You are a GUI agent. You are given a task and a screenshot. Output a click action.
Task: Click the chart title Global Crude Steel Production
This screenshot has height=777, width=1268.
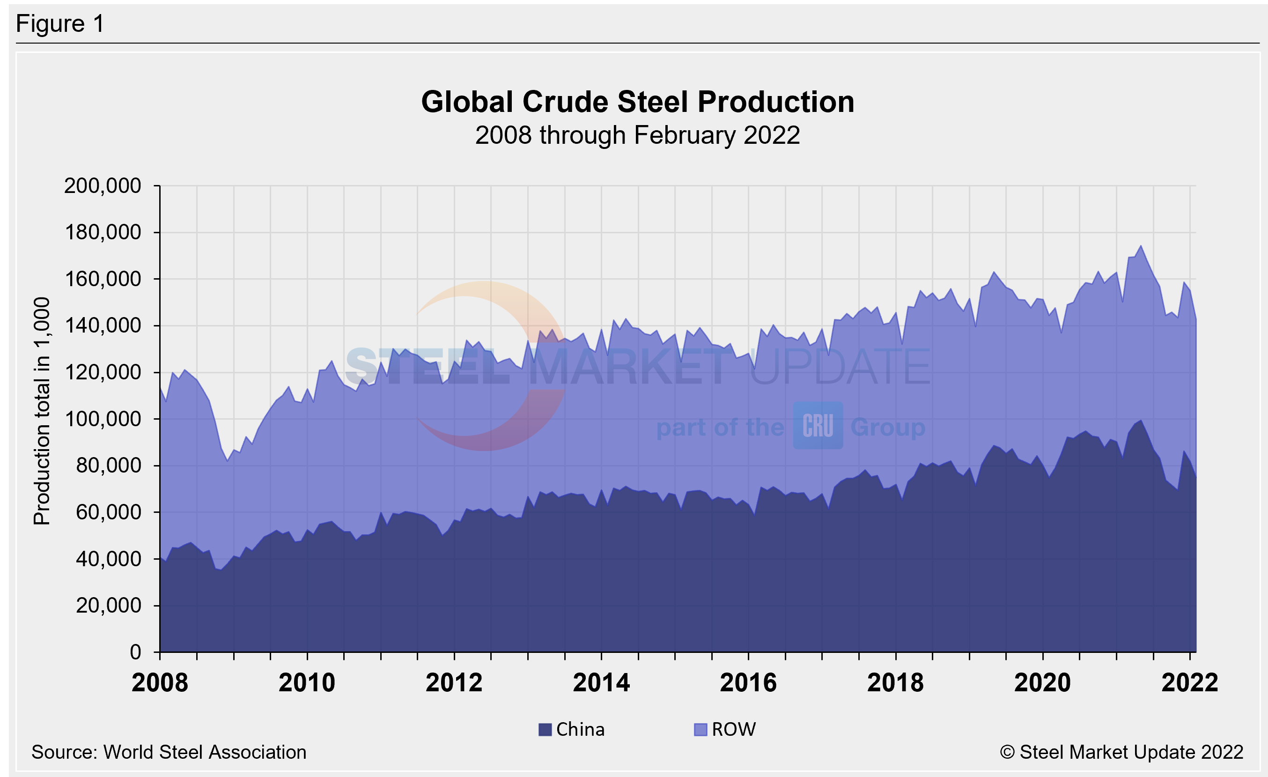638,102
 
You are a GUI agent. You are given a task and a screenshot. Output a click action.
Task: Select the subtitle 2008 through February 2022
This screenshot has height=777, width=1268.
637,136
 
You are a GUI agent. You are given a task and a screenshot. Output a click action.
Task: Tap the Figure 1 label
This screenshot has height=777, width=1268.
60,24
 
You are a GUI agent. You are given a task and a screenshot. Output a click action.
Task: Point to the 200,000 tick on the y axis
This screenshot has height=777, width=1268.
103,186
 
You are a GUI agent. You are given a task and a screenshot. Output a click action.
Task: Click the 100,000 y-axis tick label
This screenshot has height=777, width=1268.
103,419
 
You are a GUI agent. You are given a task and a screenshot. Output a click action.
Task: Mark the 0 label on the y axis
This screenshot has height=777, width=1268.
135,652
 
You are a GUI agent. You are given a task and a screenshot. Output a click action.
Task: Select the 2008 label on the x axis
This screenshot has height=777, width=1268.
160,683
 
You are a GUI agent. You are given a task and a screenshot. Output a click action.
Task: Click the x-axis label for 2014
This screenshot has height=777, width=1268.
601,683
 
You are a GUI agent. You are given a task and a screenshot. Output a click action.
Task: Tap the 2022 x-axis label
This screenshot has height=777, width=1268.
1190,683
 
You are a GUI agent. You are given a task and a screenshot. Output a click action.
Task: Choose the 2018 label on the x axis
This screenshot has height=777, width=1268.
895,683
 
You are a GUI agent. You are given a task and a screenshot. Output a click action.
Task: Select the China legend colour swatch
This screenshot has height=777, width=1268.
545,730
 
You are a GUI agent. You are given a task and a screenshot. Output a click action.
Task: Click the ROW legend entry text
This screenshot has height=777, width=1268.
733,730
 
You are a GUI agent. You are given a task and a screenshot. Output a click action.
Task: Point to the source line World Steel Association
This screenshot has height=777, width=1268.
169,752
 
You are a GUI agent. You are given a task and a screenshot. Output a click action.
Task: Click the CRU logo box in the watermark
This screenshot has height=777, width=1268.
818,426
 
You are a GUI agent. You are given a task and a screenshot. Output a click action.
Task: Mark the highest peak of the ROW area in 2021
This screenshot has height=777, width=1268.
1141,245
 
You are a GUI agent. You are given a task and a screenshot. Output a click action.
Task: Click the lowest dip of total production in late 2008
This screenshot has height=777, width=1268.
228,460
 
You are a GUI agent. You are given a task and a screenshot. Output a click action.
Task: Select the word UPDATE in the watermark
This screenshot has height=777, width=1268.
840,366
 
